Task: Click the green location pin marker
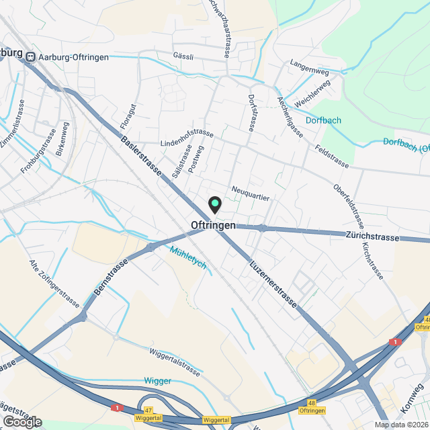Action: point(214,203)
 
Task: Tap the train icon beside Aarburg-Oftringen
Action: point(30,58)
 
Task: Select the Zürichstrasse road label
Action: point(372,236)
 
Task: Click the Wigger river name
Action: point(158,381)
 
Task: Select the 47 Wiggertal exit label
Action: point(148,413)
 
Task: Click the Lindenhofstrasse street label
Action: point(187,138)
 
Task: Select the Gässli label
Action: point(183,57)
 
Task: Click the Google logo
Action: point(22,421)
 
